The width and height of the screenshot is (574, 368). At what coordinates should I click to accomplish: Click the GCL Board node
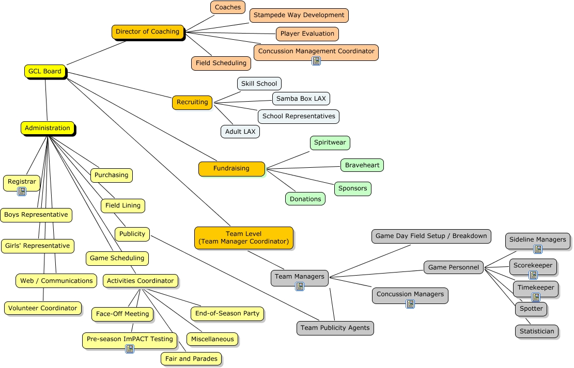click(45, 72)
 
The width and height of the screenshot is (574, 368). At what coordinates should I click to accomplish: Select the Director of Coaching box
click(148, 32)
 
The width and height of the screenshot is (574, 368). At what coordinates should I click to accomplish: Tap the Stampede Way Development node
click(299, 15)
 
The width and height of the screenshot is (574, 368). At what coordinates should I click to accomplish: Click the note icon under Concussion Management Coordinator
click(316, 61)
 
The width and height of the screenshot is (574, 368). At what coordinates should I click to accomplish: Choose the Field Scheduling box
click(221, 63)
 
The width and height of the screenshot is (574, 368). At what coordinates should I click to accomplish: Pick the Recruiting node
click(192, 103)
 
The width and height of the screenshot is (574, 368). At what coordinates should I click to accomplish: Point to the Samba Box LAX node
click(301, 99)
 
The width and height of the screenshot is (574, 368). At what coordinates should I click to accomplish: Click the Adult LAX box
click(240, 132)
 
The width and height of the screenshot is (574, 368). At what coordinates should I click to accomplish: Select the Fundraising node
click(231, 169)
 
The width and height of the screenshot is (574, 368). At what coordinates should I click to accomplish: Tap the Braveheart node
click(362, 166)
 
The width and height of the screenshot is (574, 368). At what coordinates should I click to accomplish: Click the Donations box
click(305, 199)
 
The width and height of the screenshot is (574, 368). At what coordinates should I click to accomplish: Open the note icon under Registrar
click(22, 191)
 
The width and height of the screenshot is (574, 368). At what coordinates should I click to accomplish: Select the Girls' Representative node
click(37, 246)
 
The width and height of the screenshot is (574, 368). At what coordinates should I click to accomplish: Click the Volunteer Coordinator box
click(43, 309)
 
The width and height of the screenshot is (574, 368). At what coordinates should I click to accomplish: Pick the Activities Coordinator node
click(140, 281)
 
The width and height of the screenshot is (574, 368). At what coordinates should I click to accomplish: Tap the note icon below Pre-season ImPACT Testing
click(130, 349)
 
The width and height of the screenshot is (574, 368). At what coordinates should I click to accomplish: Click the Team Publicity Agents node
click(335, 328)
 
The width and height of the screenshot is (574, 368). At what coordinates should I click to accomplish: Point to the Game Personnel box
click(454, 267)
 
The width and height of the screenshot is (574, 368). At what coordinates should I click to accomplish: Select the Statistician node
click(536, 332)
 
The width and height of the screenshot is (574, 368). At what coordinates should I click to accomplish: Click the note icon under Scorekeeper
click(533, 275)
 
